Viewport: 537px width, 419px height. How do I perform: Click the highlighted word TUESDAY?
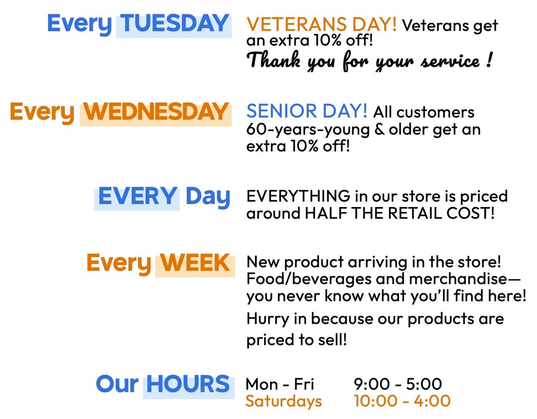coord(175,23)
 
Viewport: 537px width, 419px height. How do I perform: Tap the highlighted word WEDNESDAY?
coord(155,112)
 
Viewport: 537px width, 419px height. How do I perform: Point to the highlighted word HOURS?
coord(188,384)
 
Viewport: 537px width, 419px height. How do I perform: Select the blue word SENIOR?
coord(281,111)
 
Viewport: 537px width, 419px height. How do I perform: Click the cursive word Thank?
coord(273,59)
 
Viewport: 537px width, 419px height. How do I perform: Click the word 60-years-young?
coord(308,130)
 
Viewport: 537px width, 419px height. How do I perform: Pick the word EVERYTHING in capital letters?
coord(298,196)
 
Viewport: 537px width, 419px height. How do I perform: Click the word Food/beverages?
coord(309,279)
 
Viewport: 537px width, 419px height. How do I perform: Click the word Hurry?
coord(268,319)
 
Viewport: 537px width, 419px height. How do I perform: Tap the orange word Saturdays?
coord(284,401)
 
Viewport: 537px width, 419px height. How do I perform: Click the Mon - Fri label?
coord(280,384)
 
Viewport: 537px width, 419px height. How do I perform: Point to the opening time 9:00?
coord(372,384)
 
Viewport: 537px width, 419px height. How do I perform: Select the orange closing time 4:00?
coord(432,401)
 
